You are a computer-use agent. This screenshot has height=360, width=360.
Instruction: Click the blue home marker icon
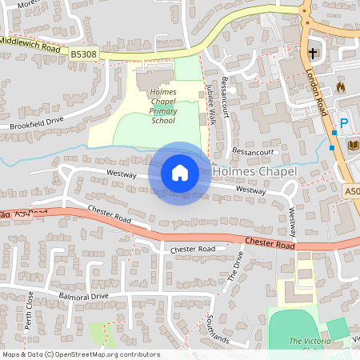(x=180, y=173)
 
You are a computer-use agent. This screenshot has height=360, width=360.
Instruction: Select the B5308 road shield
(x=83, y=54)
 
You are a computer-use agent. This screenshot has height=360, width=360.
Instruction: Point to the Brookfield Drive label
(x=36, y=123)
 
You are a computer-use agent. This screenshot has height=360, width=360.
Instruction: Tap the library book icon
(x=353, y=145)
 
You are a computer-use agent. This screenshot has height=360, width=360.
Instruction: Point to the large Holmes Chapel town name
(x=254, y=171)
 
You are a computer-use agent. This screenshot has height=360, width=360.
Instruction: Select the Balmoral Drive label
(x=82, y=296)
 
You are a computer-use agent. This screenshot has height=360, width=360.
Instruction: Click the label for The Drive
(x=235, y=266)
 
